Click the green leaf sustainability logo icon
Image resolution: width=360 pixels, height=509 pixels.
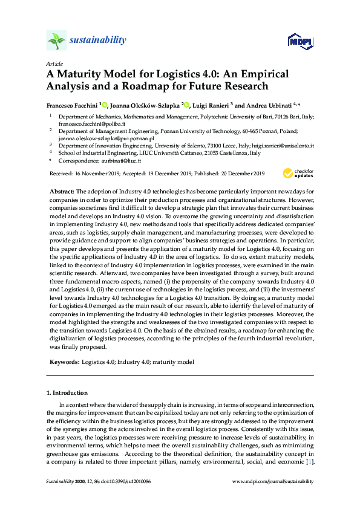click(56, 41)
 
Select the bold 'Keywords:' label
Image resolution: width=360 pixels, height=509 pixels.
click(64, 361)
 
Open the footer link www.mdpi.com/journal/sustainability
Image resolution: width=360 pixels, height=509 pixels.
click(273, 482)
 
